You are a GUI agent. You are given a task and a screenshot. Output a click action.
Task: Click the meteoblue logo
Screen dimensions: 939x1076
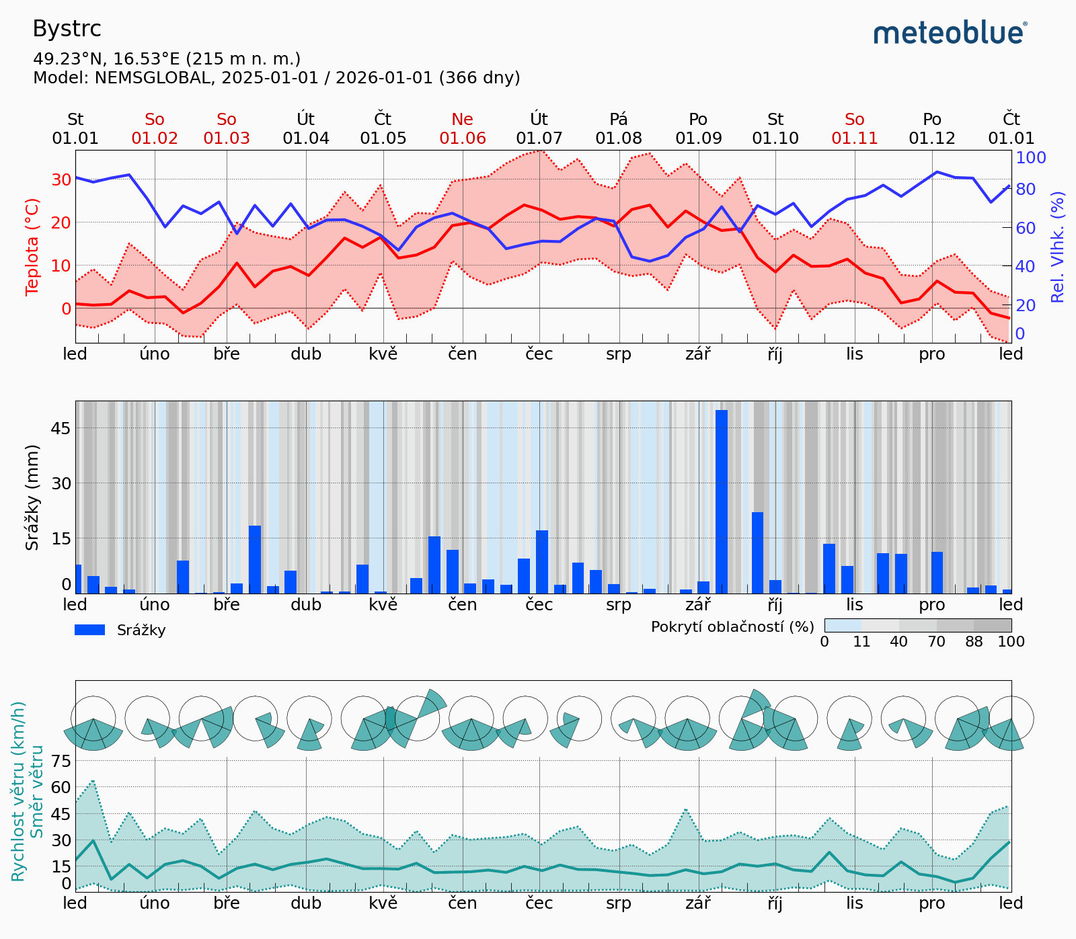(950, 32)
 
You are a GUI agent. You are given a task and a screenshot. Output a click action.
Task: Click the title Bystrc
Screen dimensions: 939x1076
(67, 29)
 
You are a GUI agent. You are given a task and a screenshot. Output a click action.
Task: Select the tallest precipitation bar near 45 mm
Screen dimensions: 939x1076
(722, 501)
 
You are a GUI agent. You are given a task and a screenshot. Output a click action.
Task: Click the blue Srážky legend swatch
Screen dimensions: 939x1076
(89, 630)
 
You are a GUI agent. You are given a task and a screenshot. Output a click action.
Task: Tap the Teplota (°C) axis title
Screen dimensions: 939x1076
(32, 247)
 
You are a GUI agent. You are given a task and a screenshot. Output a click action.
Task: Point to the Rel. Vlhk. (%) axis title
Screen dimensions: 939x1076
(1058, 247)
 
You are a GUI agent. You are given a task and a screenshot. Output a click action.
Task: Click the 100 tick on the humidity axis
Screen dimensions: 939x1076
(1031, 157)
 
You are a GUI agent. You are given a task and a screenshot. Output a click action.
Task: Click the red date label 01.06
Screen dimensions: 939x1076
(462, 138)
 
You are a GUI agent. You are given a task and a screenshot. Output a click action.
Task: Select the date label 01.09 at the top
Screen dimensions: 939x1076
(698, 138)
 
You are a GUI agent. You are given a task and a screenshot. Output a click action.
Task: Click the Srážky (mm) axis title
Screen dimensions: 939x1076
(32, 497)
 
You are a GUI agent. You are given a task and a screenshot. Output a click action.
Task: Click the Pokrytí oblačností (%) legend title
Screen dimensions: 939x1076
(732, 626)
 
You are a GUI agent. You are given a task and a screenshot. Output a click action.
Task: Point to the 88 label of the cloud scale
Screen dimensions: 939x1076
(974, 642)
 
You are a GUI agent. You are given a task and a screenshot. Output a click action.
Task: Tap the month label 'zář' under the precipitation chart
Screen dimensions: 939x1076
(698, 605)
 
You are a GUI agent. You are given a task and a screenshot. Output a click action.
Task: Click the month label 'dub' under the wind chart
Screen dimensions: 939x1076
(306, 903)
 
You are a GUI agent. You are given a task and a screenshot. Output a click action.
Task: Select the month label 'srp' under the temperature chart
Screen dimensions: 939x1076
(619, 354)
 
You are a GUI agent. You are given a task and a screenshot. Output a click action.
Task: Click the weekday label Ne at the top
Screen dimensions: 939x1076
(462, 120)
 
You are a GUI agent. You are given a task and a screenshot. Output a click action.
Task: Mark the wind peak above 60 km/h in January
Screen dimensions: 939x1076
(93, 781)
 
